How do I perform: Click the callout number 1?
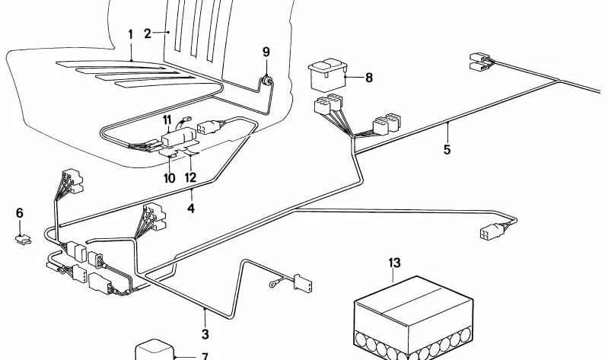click(x=130, y=34)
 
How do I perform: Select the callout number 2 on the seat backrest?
click(x=148, y=33)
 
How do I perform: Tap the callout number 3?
click(x=205, y=333)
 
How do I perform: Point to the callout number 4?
click(x=192, y=206)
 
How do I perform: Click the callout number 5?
click(x=447, y=149)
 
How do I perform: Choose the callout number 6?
click(x=20, y=213)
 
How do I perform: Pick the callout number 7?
click(x=204, y=355)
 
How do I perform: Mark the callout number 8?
click(x=369, y=77)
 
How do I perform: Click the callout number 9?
click(x=266, y=52)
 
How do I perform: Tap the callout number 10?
click(x=169, y=177)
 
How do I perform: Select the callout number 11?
click(x=167, y=119)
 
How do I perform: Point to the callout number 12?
click(x=190, y=177)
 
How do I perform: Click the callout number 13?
click(x=393, y=263)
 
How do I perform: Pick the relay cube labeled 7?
click(x=154, y=350)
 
